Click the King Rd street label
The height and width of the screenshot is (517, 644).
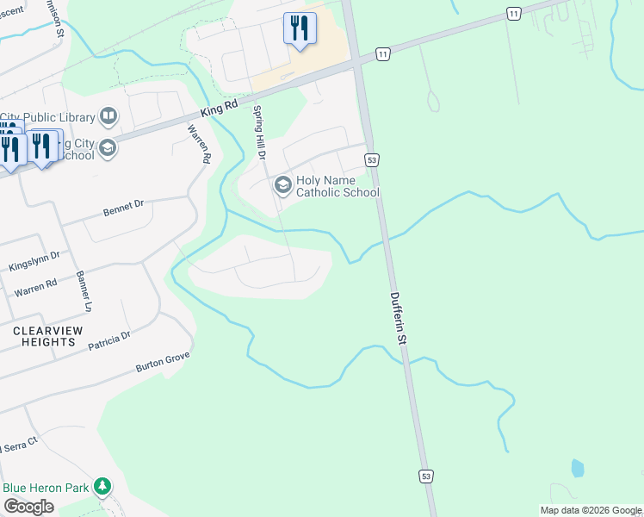219,107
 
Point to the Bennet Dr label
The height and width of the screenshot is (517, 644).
123,208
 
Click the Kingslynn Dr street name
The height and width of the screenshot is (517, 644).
34,261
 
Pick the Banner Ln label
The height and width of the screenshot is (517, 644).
84,294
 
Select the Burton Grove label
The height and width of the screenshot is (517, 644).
162,362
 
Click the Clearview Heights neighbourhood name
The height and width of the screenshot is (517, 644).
44,336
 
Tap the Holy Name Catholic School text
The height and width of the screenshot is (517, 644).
337,187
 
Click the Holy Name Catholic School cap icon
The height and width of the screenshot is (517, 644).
282,185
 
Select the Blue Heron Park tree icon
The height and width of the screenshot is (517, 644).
103,487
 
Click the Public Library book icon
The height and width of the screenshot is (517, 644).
108,116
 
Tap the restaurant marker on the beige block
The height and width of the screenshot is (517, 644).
299,28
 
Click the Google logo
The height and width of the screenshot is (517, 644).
28,507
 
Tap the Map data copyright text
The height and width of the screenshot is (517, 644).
591,510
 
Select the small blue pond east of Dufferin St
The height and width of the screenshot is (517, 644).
576,468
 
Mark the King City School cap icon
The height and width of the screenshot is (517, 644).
107,148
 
